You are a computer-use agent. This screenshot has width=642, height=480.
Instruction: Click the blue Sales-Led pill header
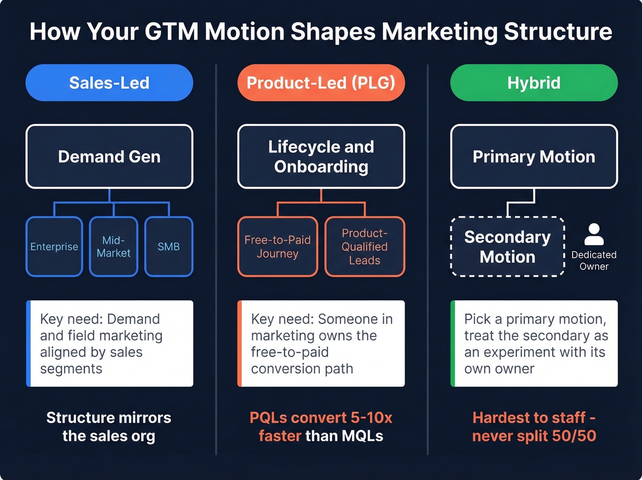click(109, 83)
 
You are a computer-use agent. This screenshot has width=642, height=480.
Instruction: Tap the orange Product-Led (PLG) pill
click(321, 83)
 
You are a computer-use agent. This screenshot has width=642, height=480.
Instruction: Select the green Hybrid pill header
click(534, 83)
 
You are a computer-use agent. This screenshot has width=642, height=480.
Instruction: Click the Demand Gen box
click(109, 157)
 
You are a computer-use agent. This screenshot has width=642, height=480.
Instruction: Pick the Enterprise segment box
click(54, 247)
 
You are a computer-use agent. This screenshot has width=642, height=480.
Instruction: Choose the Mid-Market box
click(113, 247)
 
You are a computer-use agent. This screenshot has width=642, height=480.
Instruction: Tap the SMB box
click(169, 247)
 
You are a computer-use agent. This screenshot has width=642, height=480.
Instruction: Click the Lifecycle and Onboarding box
click(321, 157)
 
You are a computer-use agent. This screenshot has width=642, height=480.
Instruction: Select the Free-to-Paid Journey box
click(277, 247)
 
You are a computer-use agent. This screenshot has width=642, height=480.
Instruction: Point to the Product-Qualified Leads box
click(365, 247)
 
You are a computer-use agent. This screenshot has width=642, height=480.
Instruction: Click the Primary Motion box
click(534, 157)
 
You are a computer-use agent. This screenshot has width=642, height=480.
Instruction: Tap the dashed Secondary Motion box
click(508, 247)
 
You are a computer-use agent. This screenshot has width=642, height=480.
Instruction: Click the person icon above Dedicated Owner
click(594, 234)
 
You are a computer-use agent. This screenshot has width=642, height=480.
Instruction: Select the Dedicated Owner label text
click(594, 260)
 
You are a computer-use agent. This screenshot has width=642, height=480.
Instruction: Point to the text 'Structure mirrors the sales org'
click(109, 427)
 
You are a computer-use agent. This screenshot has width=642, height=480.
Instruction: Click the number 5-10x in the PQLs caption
click(371, 418)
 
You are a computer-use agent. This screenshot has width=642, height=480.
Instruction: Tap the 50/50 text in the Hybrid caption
click(574, 436)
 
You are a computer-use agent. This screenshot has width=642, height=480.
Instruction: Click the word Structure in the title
click(558, 32)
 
